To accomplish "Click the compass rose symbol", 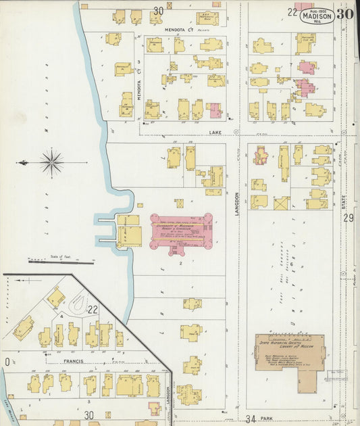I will [x=52, y=162].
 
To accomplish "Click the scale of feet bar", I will [x=61, y=261].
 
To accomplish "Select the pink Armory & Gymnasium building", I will [x=181, y=231].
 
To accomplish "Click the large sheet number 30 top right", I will [x=345, y=14].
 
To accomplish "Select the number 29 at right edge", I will [x=349, y=218].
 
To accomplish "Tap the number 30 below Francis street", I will [x=88, y=415].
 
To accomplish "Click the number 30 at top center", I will [x=158, y=11].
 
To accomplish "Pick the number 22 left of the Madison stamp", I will [x=292, y=11].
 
